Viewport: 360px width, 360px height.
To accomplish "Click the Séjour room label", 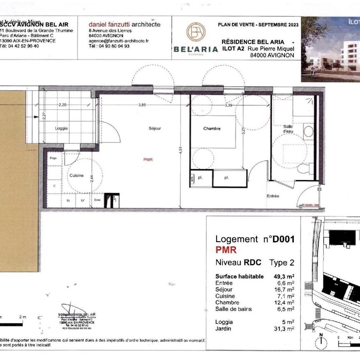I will [x=155, y=128].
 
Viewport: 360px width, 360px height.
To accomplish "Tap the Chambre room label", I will [x=212, y=129].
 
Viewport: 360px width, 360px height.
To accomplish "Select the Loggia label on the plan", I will [x=61, y=128].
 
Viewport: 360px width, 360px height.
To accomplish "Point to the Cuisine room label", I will [x=76, y=175].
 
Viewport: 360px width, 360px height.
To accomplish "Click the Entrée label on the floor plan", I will [x=273, y=196].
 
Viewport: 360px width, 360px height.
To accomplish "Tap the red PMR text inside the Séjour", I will [x=147, y=159].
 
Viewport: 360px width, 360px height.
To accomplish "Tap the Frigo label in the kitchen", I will [x=53, y=158].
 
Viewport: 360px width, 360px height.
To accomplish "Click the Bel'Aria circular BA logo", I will [x=195, y=33].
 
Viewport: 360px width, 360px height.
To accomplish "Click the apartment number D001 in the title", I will [x=284, y=239].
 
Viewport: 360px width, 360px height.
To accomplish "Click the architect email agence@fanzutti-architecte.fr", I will [x=119, y=41].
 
